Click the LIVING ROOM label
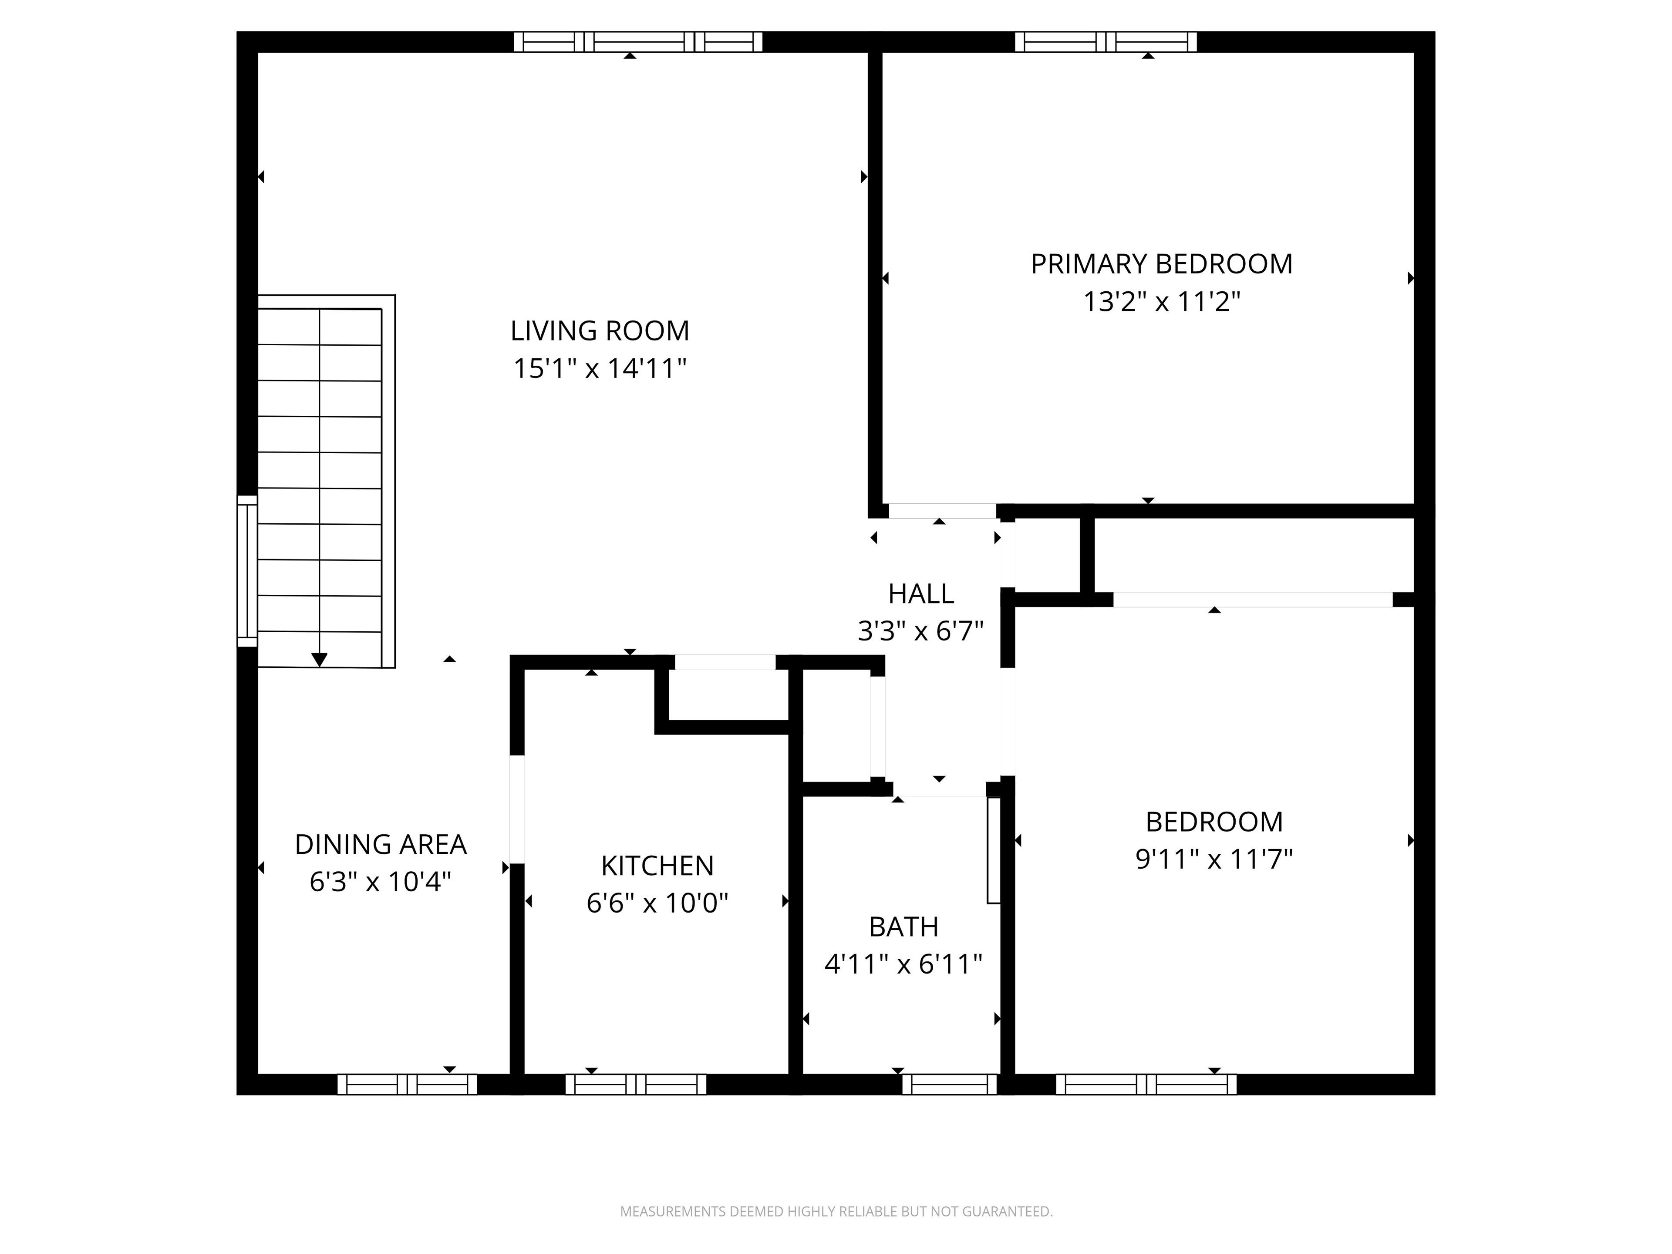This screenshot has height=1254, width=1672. pos(600,330)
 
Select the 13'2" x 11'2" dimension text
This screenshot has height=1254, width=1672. pos(1162,302)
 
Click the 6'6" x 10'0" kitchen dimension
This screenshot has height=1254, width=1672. pos(657,903)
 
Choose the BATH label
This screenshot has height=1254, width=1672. pos(903,926)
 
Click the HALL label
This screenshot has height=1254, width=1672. pos(920,593)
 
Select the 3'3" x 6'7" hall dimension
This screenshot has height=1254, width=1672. pos(920,630)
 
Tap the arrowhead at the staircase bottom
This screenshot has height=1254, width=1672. pos(320,659)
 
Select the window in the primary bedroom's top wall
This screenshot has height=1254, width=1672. pos(1106,41)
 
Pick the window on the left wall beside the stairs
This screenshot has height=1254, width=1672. pos(247,571)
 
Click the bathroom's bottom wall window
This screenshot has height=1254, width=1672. pos(949,1084)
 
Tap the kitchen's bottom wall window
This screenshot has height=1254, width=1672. pos(636,1084)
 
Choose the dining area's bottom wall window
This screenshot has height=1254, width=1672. pos(407,1084)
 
